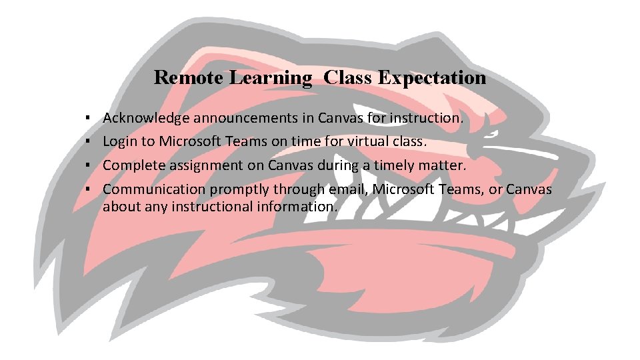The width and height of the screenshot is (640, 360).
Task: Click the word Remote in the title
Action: tap(189, 78)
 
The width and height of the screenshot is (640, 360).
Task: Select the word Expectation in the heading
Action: tap(432, 78)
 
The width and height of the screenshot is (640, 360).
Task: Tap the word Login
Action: tap(120, 142)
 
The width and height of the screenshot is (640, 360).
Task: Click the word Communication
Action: tap(154, 189)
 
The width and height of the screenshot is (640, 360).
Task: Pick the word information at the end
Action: tap(297, 207)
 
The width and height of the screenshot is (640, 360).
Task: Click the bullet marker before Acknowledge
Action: tap(88, 119)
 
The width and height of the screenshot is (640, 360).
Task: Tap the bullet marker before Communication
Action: tap(88, 189)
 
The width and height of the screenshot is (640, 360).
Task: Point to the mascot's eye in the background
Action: tap(500, 133)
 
